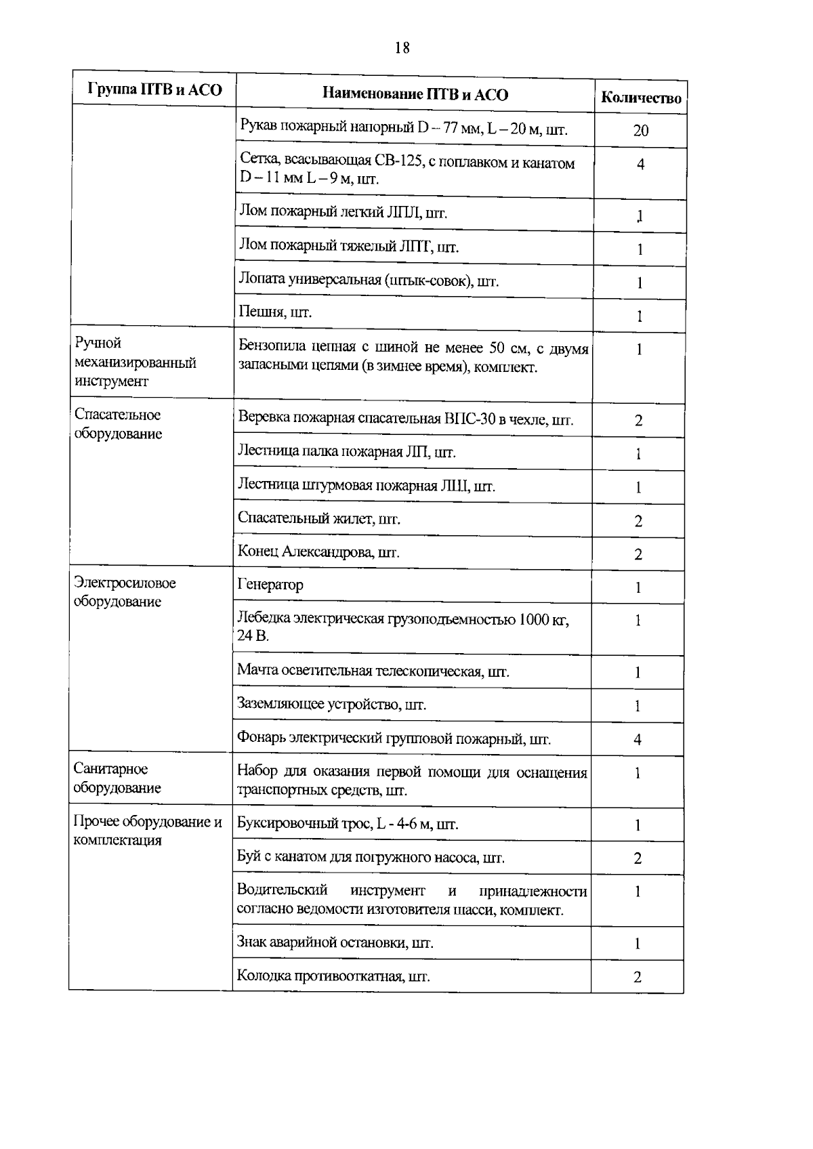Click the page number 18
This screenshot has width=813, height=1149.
click(x=402, y=48)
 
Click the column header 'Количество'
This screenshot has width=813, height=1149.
click(x=641, y=98)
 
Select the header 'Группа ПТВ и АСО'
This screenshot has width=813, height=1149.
click(x=154, y=90)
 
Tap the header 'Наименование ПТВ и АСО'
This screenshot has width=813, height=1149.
click(x=415, y=94)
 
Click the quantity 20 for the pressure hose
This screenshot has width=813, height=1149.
click(x=640, y=131)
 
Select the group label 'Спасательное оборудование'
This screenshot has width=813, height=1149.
click(x=118, y=424)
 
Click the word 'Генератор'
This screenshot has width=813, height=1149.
click(x=270, y=585)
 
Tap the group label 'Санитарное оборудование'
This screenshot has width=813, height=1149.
click(x=117, y=778)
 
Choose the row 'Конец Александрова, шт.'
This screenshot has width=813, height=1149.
click(x=318, y=552)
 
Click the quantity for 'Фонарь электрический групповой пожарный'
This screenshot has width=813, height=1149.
click(x=638, y=740)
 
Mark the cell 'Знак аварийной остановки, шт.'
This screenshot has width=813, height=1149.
click(x=335, y=942)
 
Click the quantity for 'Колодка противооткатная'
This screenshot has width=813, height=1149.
click(x=638, y=977)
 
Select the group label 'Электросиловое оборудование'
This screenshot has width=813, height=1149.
click(x=125, y=592)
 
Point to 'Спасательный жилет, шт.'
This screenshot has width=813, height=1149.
click(x=319, y=519)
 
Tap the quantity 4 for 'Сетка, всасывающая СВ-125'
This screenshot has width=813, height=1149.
click(x=640, y=164)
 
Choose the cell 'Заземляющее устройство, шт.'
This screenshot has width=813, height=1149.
click(x=331, y=705)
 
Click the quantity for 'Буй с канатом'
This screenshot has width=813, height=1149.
click(x=638, y=858)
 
